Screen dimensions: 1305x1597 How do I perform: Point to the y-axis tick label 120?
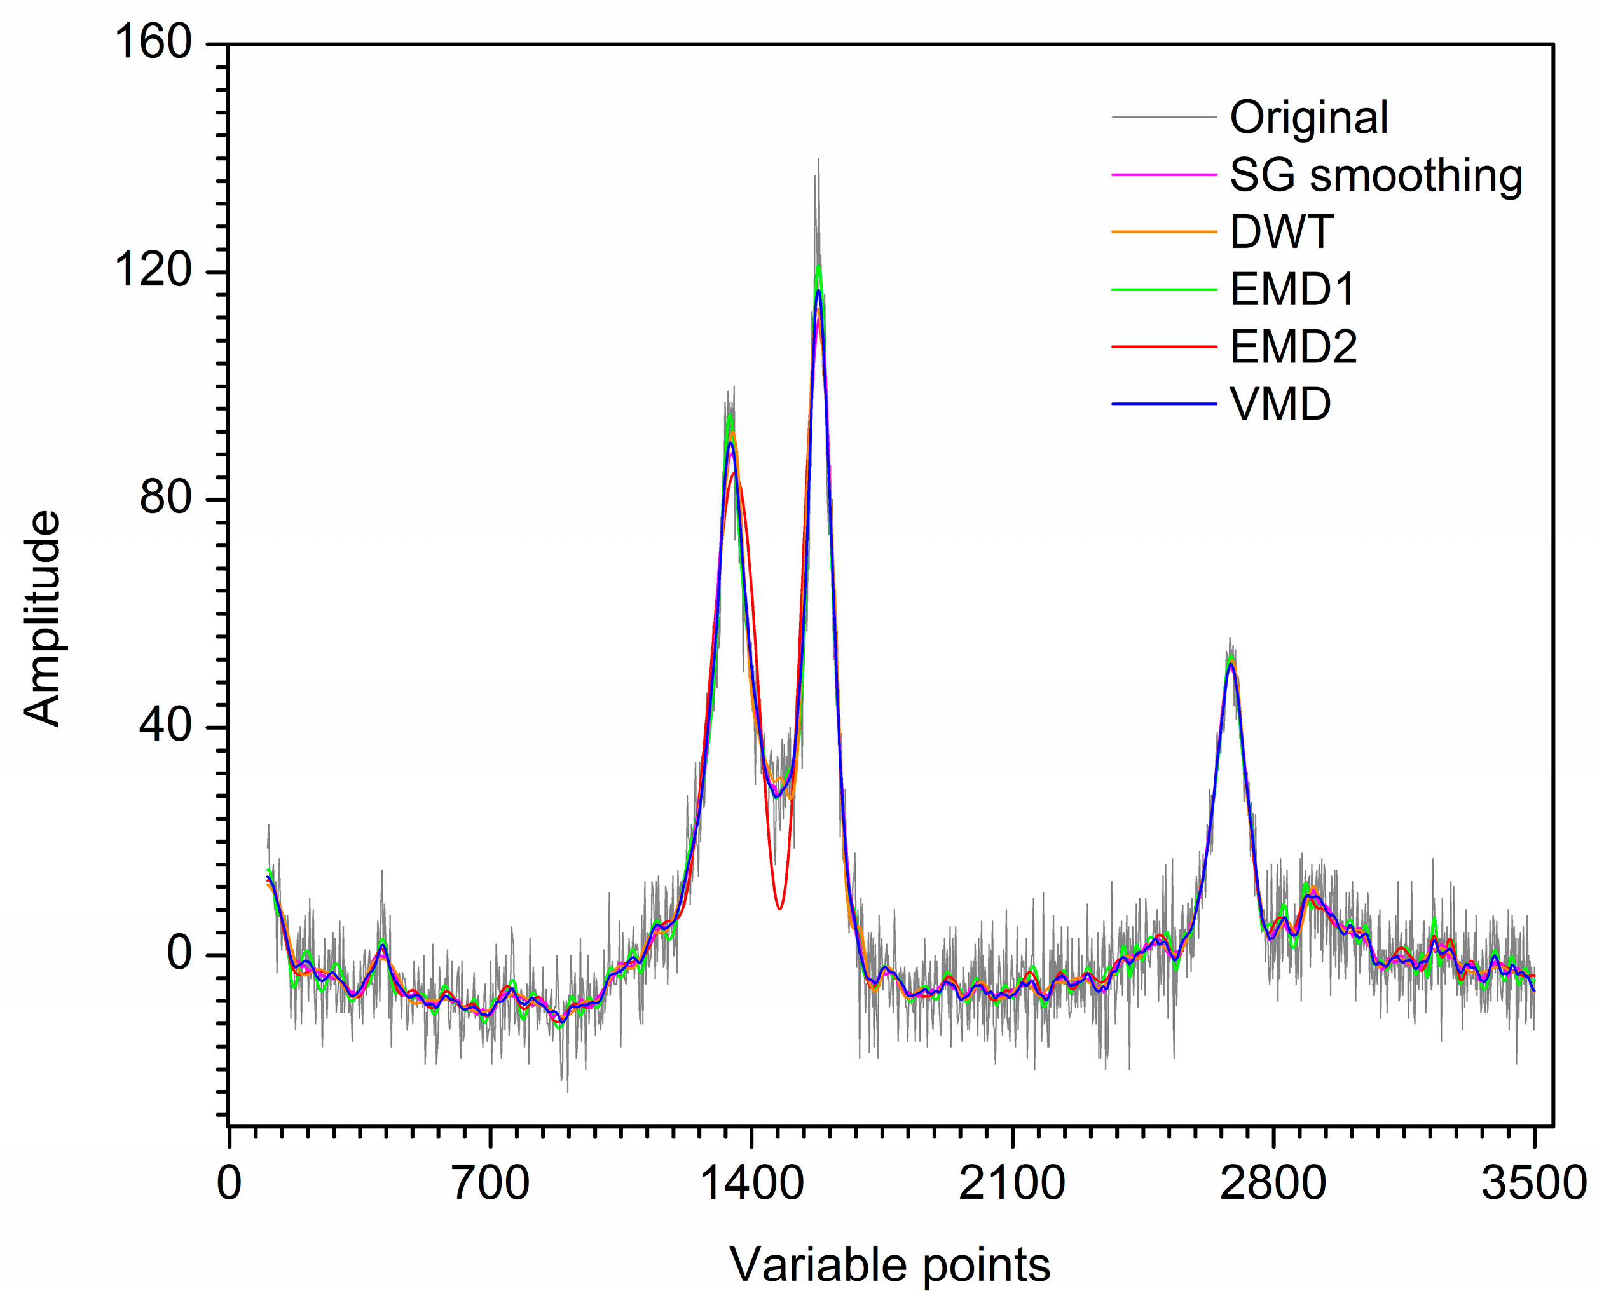pyautogui.click(x=153, y=271)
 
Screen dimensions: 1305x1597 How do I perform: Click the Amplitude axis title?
pyautogui.click(x=42, y=618)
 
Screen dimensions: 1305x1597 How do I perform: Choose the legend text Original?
pyautogui.click(x=1308, y=118)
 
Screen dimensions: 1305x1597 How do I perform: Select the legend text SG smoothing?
pyautogui.click(x=1375, y=176)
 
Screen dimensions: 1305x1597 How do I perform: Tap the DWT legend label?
pyautogui.click(x=1281, y=232)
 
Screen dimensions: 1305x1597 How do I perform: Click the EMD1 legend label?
pyautogui.click(x=1292, y=289)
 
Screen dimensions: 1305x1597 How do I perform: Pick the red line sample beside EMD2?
pyautogui.click(x=1163, y=346)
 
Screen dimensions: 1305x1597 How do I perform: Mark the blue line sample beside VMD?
pyautogui.click(x=1163, y=404)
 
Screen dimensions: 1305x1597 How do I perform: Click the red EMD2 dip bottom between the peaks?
pyautogui.click(x=779, y=908)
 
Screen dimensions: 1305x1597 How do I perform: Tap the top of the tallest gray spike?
pyautogui.click(x=818, y=160)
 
